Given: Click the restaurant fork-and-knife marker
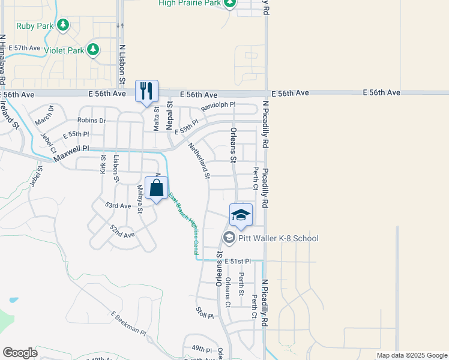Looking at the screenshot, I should tap(146, 91).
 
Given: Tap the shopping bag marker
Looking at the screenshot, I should tap(156, 188).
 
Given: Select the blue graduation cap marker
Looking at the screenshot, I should tap(241, 215).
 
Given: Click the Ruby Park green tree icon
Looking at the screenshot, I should tap(62, 25).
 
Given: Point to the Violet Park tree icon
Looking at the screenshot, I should tap(93, 50).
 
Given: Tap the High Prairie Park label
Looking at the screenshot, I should tap(190, 3).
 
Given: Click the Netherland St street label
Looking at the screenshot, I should tap(199, 161).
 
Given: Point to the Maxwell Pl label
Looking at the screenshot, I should tap(71, 156).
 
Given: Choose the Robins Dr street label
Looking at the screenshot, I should tap(91, 121).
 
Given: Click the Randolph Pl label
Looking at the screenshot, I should tap(218, 104).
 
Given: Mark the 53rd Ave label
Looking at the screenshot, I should tap(118, 205).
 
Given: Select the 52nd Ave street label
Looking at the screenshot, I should tap(122, 230).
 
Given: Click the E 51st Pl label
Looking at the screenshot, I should tap(240, 261).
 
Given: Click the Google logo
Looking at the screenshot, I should tap(20, 352).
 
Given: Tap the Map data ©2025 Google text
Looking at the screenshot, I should tap(412, 355).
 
